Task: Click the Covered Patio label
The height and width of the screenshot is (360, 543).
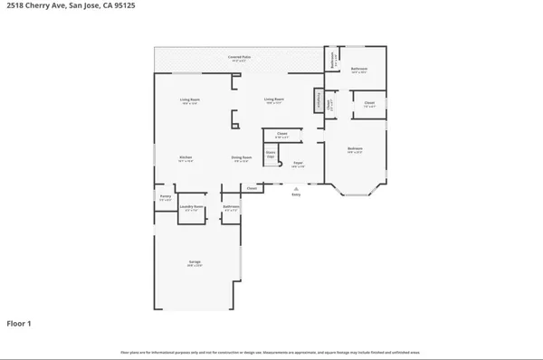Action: click(x=239, y=58)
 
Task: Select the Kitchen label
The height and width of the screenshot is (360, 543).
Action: click(x=186, y=157)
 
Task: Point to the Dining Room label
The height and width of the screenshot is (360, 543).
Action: click(x=240, y=157)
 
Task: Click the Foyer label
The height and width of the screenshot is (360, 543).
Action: click(x=297, y=164)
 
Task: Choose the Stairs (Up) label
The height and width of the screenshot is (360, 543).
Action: click(x=270, y=155)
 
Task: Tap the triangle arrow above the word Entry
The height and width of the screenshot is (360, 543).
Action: click(x=295, y=188)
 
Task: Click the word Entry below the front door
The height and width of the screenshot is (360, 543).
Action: click(x=295, y=194)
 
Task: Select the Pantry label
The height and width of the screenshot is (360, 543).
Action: click(x=166, y=196)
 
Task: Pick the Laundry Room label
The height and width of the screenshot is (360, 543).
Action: click(x=191, y=207)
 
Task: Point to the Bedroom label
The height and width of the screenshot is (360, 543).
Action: click(x=355, y=148)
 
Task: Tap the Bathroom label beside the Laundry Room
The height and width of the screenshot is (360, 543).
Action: click(x=231, y=207)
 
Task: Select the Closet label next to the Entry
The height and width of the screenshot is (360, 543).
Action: click(x=252, y=188)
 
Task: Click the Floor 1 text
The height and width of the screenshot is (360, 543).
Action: click(x=20, y=323)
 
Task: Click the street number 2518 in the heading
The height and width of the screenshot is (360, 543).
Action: click(x=15, y=8)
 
